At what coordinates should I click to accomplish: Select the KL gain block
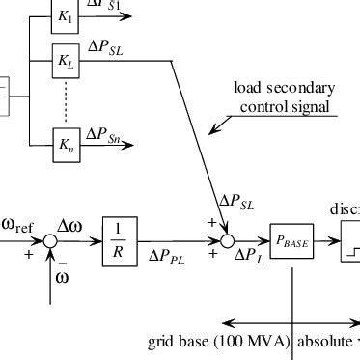click(66, 60)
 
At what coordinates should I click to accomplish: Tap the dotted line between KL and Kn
click(66, 102)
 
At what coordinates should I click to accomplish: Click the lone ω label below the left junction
click(62, 276)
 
